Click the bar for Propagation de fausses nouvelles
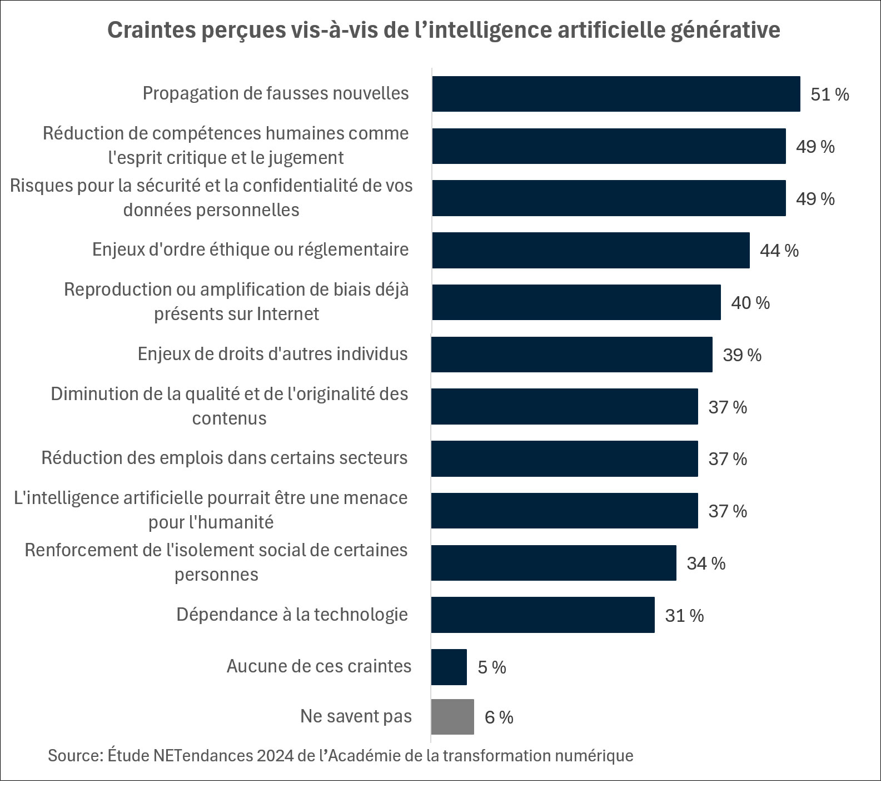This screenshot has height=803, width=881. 616,94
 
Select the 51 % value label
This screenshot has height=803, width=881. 829,94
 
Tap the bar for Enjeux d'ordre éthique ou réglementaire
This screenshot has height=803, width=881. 590,250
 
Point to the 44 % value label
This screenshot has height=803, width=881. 779,251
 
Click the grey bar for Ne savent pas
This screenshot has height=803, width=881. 452,717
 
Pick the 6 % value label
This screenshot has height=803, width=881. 499,717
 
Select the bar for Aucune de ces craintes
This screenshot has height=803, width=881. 449,667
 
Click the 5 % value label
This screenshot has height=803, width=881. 491,667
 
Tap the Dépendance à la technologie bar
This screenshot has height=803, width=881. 542,615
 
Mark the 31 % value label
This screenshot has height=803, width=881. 684,616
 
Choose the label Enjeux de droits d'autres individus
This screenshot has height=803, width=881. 272,354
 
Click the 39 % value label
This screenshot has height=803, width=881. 741,355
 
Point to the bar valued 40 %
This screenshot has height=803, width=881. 576,302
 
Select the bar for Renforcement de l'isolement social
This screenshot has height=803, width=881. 554,563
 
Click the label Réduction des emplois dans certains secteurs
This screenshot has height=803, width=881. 225,458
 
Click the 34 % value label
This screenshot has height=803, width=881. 706,563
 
